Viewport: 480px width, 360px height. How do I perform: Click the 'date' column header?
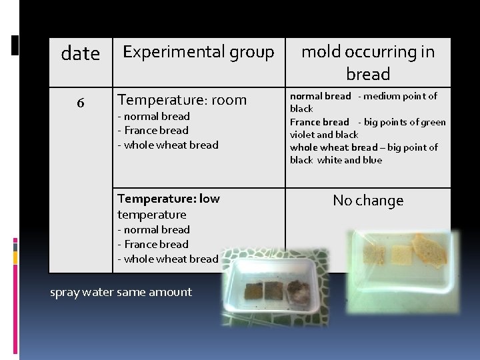[x=80, y=53]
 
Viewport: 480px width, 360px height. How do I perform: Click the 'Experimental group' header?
[x=198, y=52]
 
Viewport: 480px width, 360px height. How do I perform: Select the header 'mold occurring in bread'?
[x=368, y=63]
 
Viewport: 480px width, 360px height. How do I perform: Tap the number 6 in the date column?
[x=80, y=103]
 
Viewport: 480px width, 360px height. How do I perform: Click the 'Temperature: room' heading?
[x=182, y=100]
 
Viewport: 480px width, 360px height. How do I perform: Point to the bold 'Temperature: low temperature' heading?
[x=168, y=206]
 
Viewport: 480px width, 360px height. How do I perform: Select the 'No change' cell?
[x=368, y=201]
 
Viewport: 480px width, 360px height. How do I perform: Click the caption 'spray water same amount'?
[x=121, y=292]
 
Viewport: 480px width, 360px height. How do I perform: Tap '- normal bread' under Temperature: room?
[x=153, y=117]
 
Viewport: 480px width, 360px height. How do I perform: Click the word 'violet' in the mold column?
[x=302, y=135]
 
